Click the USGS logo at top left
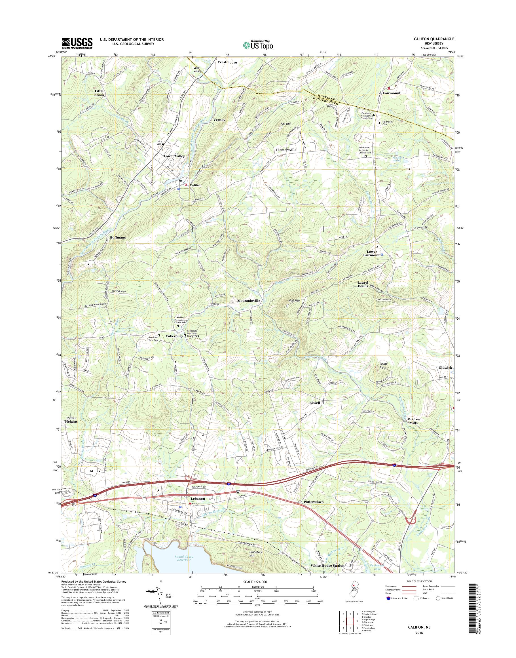click(x=77, y=43)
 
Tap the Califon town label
click(x=195, y=185)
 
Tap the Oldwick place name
click(x=445, y=368)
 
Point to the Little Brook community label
click(x=99, y=93)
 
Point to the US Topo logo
click(x=258, y=45)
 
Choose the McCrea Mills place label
click(x=414, y=421)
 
